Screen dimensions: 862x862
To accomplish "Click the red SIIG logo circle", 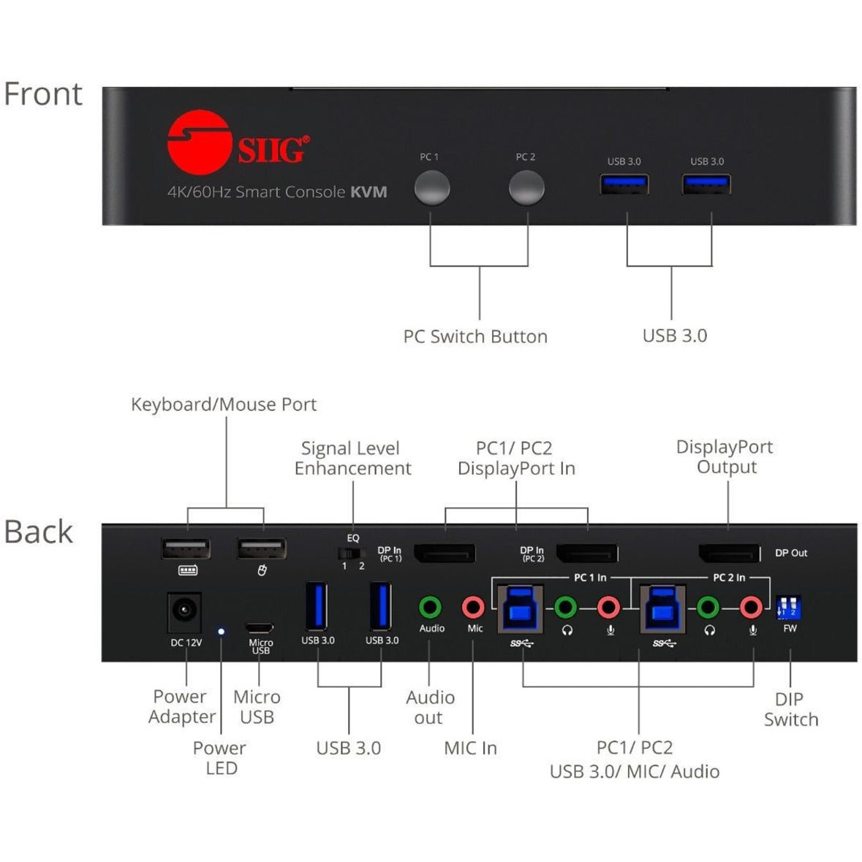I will pyautogui.click(x=195, y=143).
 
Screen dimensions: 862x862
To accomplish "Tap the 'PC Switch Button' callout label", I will pyautogui.click(x=475, y=336).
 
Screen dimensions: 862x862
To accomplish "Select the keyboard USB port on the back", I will pyautogui.click(x=186, y=549).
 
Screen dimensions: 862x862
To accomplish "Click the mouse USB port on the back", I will pyautogui.click(x=261, y=549).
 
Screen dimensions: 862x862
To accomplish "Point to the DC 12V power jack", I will pyautogui.click(x=184, y=611).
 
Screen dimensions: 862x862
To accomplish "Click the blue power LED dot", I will pyautogui.click(x=221, y=630).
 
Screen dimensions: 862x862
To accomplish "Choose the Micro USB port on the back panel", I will pyautogui.click(x=260, y=627).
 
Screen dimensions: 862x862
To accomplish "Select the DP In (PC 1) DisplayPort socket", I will pyautogui.click(x=445, y=553).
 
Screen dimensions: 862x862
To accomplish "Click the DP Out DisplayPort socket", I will pyautogui.click(x=729, y=553).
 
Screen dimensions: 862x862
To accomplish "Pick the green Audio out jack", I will pyautogui.click(x=431, y=607).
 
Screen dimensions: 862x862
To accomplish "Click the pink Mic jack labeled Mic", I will pyautogui.click(x=474, y=607).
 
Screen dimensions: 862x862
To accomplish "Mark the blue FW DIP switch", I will pyautogui.click(x=789, y=608).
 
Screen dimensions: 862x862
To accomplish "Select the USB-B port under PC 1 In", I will pyautogui.click(x=520, y=608).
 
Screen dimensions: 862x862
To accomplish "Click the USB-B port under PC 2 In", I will pyautogui.click(x=662, y=608).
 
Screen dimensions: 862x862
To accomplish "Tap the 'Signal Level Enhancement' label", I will pyautogui.click(x=352, y=458).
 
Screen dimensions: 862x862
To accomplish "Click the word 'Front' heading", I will pyautogui.click(x=43, y=94).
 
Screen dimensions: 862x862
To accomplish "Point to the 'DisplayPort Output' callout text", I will pyautogui.click(x=725, y=457).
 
